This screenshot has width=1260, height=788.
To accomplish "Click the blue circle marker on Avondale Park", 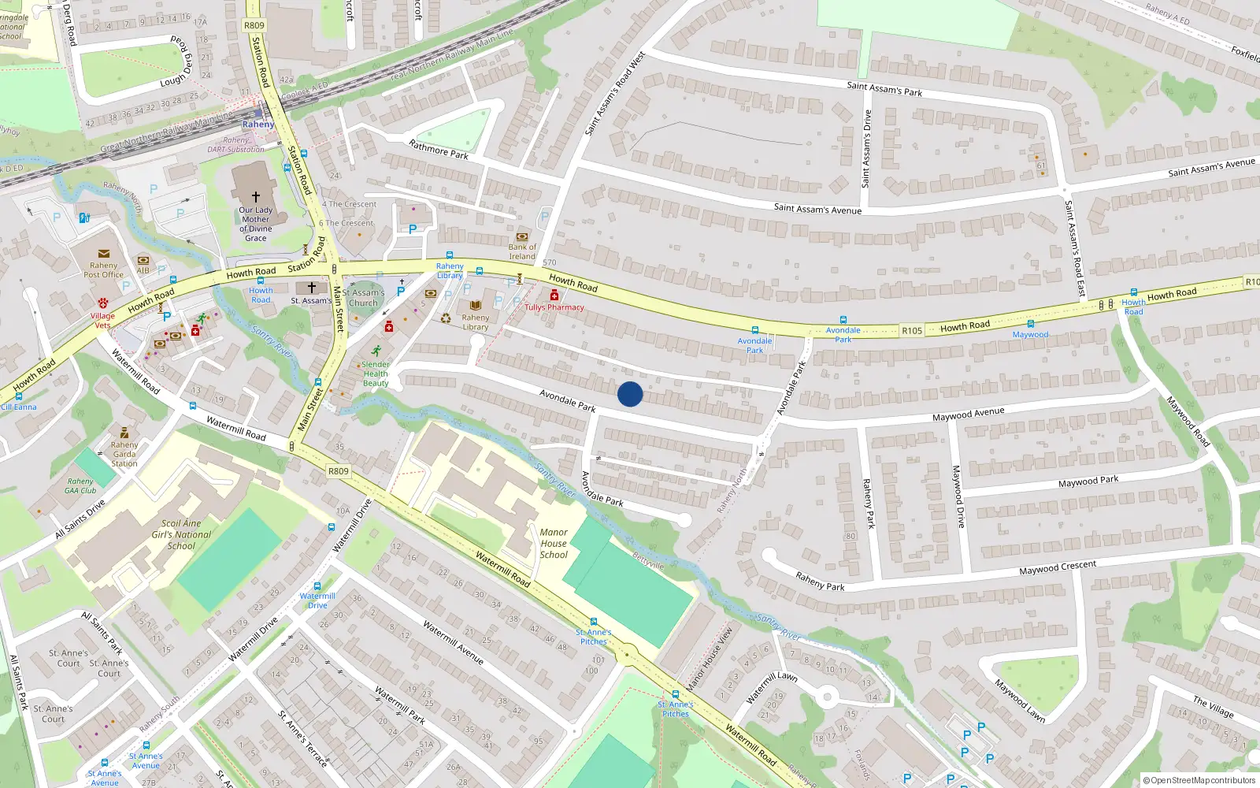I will (630, 394).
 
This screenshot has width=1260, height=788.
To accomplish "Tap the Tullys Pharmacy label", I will (554, 307).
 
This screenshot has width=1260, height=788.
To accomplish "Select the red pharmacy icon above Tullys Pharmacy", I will (554, 295).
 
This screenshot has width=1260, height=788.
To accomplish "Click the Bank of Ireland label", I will (521, 251).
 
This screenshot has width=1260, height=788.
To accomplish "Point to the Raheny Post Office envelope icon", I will (104, 254).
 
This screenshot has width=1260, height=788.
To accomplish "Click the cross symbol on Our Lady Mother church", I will (256, 196).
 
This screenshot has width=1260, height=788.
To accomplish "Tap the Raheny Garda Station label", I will (124, 454).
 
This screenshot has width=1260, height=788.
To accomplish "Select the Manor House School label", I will (554, 544).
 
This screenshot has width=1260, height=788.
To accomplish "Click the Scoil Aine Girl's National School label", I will (181, 534).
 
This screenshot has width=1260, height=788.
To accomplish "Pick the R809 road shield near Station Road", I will (254, 25).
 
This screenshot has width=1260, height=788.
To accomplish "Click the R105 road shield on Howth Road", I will (912, 331).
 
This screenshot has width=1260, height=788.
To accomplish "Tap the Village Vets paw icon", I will (103, 303).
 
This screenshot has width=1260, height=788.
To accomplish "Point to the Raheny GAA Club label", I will (80, 485).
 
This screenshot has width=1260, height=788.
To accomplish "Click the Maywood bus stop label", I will (1030, 335).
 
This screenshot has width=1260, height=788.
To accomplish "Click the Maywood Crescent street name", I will (1057, 567).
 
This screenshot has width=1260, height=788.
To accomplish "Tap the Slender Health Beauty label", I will (376, 374).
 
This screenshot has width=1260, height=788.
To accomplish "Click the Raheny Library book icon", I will (476, 305).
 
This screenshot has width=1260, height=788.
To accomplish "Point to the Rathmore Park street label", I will (439, 149).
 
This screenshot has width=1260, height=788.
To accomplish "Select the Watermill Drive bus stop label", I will (317, 600).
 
